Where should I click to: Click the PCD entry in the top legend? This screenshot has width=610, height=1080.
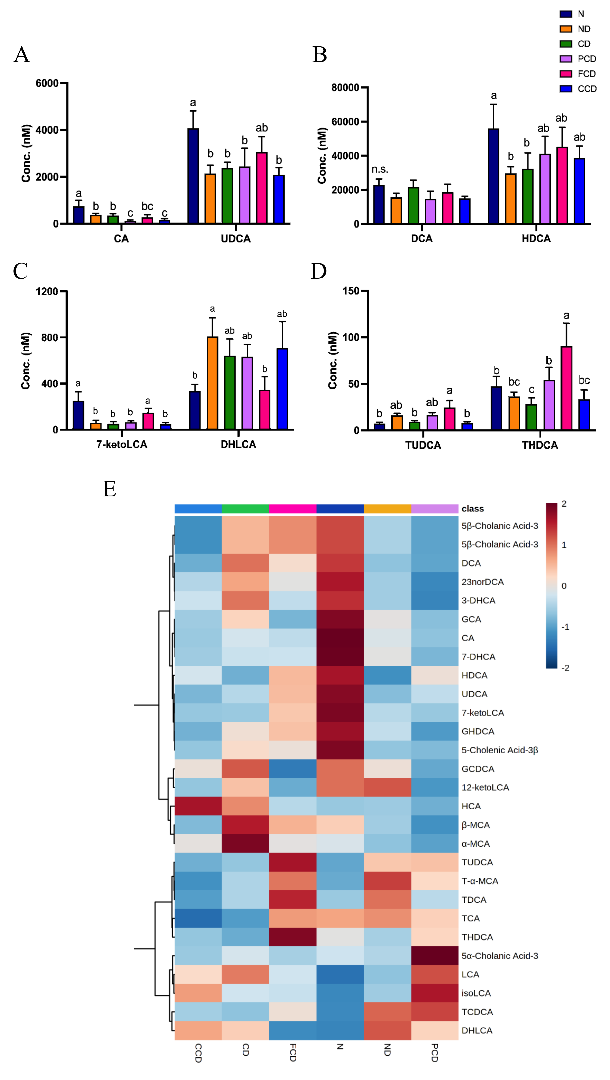tap(586, 59)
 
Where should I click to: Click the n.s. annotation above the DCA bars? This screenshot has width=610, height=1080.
tap(380, 169)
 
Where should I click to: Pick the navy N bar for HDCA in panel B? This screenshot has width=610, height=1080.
tap(494, 176)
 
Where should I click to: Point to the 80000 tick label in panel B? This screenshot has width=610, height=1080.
tap(345, 88)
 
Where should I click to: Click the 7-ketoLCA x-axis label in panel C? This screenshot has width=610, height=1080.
tap(122, 444)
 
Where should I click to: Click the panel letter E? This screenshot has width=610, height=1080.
tap(109, 489)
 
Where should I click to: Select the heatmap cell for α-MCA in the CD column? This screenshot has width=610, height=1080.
tap(245, 843)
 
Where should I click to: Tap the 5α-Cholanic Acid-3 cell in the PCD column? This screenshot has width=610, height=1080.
tap(435, 956)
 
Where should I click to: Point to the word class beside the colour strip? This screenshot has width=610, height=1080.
tap(472, 509)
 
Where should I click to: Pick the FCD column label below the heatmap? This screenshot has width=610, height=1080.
tap(293, 1053)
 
